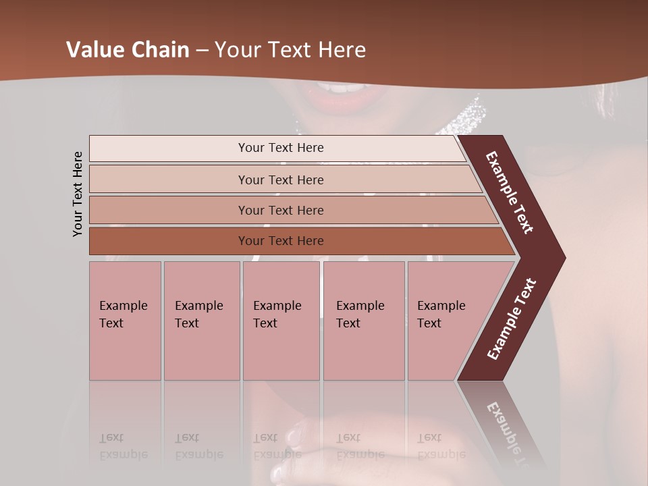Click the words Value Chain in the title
[x=128, y=50]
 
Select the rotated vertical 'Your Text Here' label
[x=78, y=194]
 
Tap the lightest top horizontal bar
[x=280, y=148]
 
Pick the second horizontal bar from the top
[x=280, y=180]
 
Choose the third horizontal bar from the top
[x=280, y=210]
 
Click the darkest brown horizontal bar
[x=280, y=241]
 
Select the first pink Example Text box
[x=125, y=321]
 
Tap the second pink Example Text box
[x=201, y=321]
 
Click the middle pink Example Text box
[x=281, y=321]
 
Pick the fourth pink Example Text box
[x=364, y=321]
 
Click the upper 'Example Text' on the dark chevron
[x=510, y=192]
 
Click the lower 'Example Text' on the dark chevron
[x=512, y=319]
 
